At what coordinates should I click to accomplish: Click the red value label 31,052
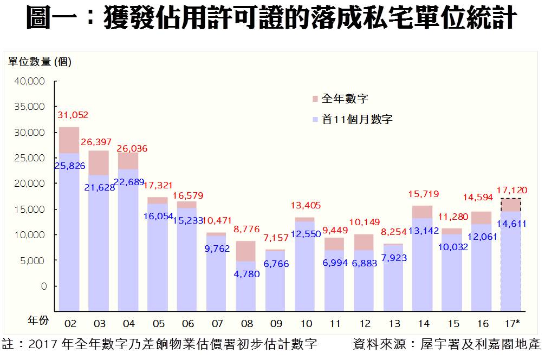click(x=73, y=115)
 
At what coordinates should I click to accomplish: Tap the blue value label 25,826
click(x=69, y=166)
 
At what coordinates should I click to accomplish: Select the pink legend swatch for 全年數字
click(x=315, y=99)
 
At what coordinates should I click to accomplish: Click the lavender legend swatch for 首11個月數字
click(x=315, y=120)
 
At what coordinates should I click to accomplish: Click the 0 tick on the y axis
click(x=44, y=286)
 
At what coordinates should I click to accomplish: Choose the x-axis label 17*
click(x=511, y=324)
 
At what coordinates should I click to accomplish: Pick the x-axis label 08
click(x=246, y=324)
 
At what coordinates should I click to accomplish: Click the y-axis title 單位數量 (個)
click(x=40, y=62)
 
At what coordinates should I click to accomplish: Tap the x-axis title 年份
click(x=38, y=320)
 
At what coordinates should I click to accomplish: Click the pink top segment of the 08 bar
click(x=246, y=251)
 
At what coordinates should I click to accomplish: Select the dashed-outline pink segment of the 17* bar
click(x=511, y=205)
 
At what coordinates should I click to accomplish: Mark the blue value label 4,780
click(x=246, y=274)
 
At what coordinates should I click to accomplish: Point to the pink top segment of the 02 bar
click(x=69, y=140)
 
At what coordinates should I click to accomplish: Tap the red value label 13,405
click(x=306, y=205)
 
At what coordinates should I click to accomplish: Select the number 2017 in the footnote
click(x=42, y=344)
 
